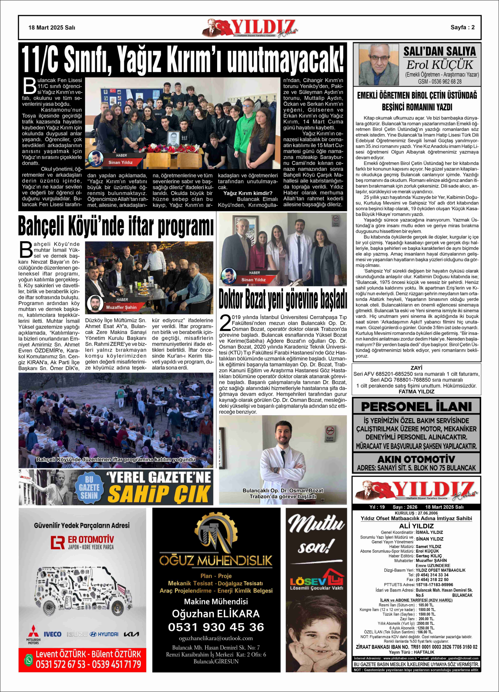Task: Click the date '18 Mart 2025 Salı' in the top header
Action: [52, 28]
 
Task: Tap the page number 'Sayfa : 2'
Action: [462, 27]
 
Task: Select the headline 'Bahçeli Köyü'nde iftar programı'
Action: [116, 226]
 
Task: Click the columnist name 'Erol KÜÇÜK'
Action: [439, 65]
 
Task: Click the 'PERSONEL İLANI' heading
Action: [416, 406]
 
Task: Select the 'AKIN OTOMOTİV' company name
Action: [416, 459]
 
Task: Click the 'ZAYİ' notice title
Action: [416, 368]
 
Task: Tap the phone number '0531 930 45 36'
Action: [216, 627]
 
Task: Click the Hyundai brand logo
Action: [104, 634]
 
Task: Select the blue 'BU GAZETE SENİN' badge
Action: [89, 487]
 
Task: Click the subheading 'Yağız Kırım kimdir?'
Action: [248, 193]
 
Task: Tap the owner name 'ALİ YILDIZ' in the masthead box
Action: [416, 526]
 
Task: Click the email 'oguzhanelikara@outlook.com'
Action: [216, 638]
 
